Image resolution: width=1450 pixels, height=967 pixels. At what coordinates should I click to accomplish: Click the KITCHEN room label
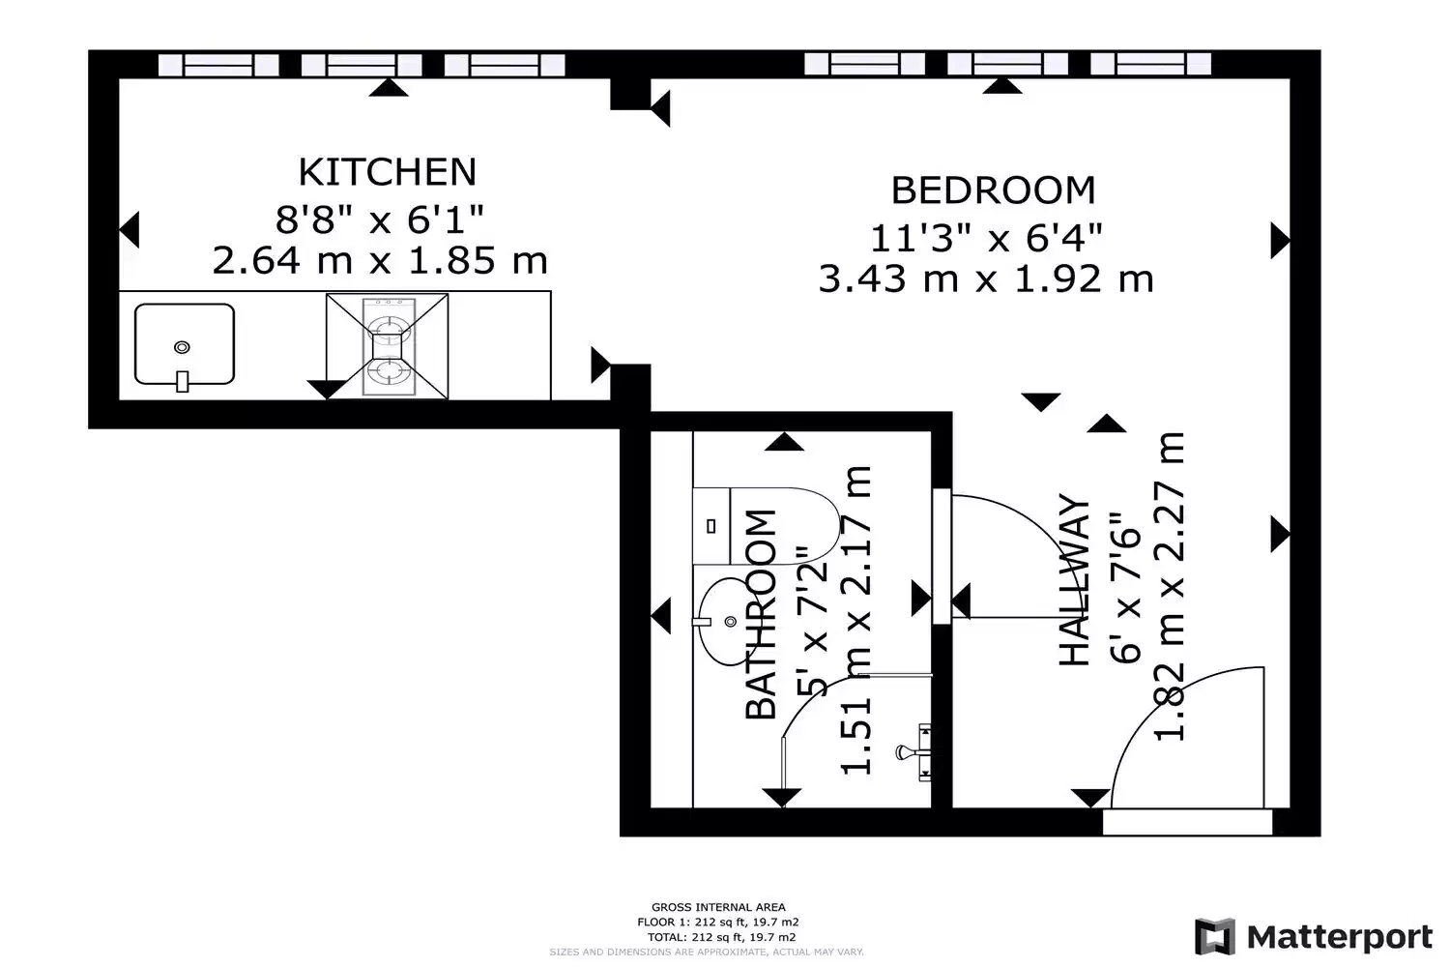point(387,172)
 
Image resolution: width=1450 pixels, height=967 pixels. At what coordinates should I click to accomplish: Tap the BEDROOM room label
point(993,190)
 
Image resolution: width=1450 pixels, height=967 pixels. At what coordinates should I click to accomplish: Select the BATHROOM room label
point(762,615)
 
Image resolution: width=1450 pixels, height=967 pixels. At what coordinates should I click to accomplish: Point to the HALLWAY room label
point(1074,581)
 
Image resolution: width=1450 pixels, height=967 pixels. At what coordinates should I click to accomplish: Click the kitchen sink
point(184,345)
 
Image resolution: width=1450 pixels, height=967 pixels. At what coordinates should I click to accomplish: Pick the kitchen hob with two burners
point(388,346)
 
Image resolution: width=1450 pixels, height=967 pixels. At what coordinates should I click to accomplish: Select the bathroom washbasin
point(725,617)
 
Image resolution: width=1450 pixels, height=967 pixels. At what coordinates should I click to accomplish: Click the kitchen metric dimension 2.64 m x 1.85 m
point(380,261)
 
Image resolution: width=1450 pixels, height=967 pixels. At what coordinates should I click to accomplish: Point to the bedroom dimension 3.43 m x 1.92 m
point(986,279)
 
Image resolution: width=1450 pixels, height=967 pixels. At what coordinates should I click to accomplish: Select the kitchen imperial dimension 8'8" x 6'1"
point(380,220)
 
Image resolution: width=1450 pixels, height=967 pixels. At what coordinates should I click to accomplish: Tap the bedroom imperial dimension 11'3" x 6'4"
point(986,237)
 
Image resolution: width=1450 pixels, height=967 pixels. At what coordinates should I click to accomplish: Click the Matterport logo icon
point(1215,936)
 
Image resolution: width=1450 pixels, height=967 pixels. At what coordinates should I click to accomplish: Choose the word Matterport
point(1340,936)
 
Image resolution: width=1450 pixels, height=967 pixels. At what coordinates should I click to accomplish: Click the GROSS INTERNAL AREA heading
point(718,907)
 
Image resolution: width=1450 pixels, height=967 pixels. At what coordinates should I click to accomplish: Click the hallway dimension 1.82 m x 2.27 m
point(1170,586)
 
